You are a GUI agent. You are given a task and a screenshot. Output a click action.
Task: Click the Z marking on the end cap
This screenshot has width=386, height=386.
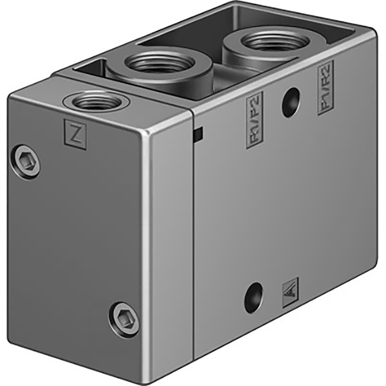[76, 134]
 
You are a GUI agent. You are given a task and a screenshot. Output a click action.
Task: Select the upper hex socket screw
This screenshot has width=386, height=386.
[26, 160]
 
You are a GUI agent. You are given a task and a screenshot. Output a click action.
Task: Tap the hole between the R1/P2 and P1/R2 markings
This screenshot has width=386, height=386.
[291, 103]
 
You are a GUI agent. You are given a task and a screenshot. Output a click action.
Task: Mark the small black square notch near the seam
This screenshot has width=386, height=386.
[198, 134]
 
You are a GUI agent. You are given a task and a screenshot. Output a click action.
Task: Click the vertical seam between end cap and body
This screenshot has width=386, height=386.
[194, 244]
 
